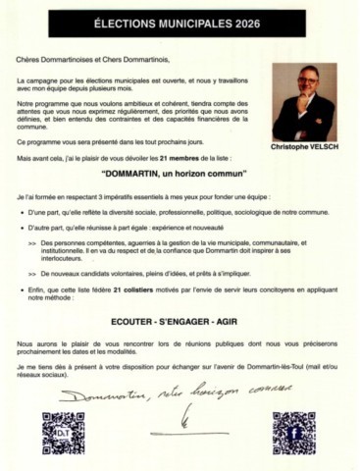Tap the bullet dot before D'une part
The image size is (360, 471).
point(33,213)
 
